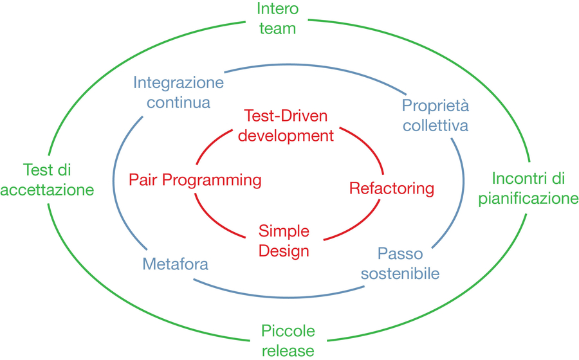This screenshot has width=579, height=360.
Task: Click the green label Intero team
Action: click(278, 19)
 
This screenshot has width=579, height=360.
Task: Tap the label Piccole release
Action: click(288, 341)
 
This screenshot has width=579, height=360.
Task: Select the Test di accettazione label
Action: click(47, 180)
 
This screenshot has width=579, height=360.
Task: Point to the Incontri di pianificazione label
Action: click(528, 189)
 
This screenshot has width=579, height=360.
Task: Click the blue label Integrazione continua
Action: click(178, 92)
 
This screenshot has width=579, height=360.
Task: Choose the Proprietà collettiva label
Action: click(436, 116)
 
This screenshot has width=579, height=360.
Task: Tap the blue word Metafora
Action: click(176, 264)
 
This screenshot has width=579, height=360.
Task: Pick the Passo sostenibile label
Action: click(400, 264)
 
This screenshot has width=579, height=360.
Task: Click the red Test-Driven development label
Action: click(286, 126)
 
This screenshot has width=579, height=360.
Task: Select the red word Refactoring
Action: click(392, 188)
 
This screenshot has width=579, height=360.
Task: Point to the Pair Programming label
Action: click(195, 181)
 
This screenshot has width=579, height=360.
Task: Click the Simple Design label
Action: click(284, 241)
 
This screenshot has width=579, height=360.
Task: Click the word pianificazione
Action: click(528, 199)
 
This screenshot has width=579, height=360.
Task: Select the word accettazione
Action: click(47, 190)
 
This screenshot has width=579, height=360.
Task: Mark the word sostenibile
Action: click(400, 274)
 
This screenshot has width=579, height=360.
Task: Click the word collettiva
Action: click(436, 125)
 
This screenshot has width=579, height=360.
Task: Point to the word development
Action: click(286, 136)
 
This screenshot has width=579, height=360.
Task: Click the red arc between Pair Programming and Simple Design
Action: click(215, 221)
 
